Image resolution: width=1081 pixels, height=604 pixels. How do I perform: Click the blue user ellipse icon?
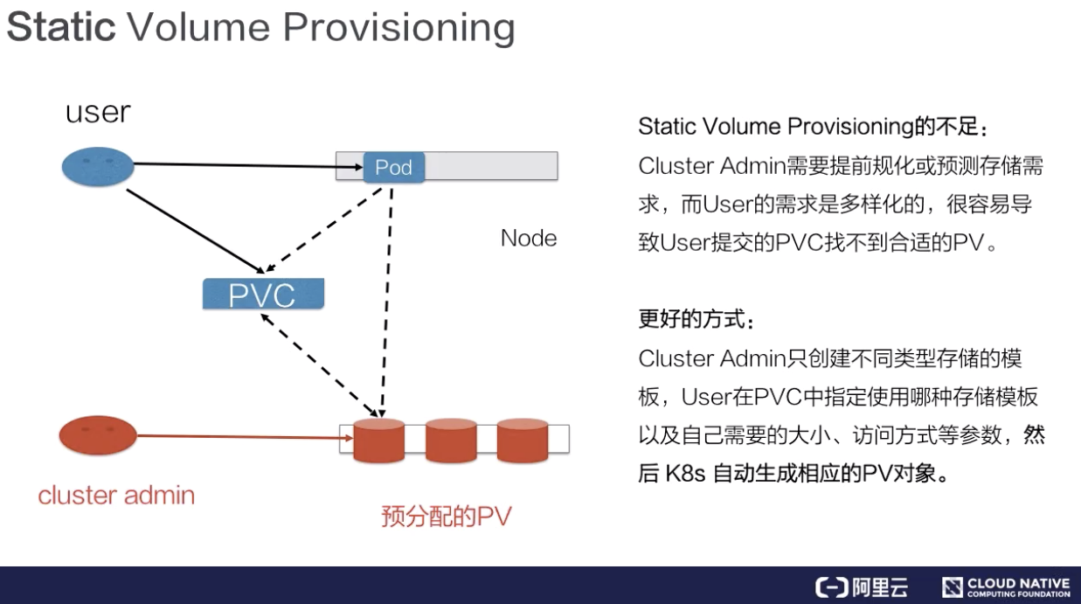tap(99, 166)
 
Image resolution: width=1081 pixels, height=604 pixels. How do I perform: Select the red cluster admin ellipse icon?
tap(99, 435)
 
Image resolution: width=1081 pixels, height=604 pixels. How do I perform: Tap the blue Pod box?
tap(393, 167)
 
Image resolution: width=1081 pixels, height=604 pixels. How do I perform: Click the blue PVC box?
tap(262, 295)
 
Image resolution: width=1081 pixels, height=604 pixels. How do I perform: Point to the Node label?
tap(528, 239)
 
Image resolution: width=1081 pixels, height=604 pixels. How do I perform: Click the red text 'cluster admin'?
tap(116, 496)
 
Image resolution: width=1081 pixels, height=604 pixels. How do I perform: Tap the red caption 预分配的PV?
tap(446, 517)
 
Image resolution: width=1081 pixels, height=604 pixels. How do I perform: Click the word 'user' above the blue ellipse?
tap(97, 112)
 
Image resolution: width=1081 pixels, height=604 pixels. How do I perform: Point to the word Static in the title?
tap(60, 27)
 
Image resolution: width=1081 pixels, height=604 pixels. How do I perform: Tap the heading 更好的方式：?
tap(695, 319)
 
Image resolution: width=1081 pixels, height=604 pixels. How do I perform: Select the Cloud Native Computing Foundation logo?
tap(1005, 587)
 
